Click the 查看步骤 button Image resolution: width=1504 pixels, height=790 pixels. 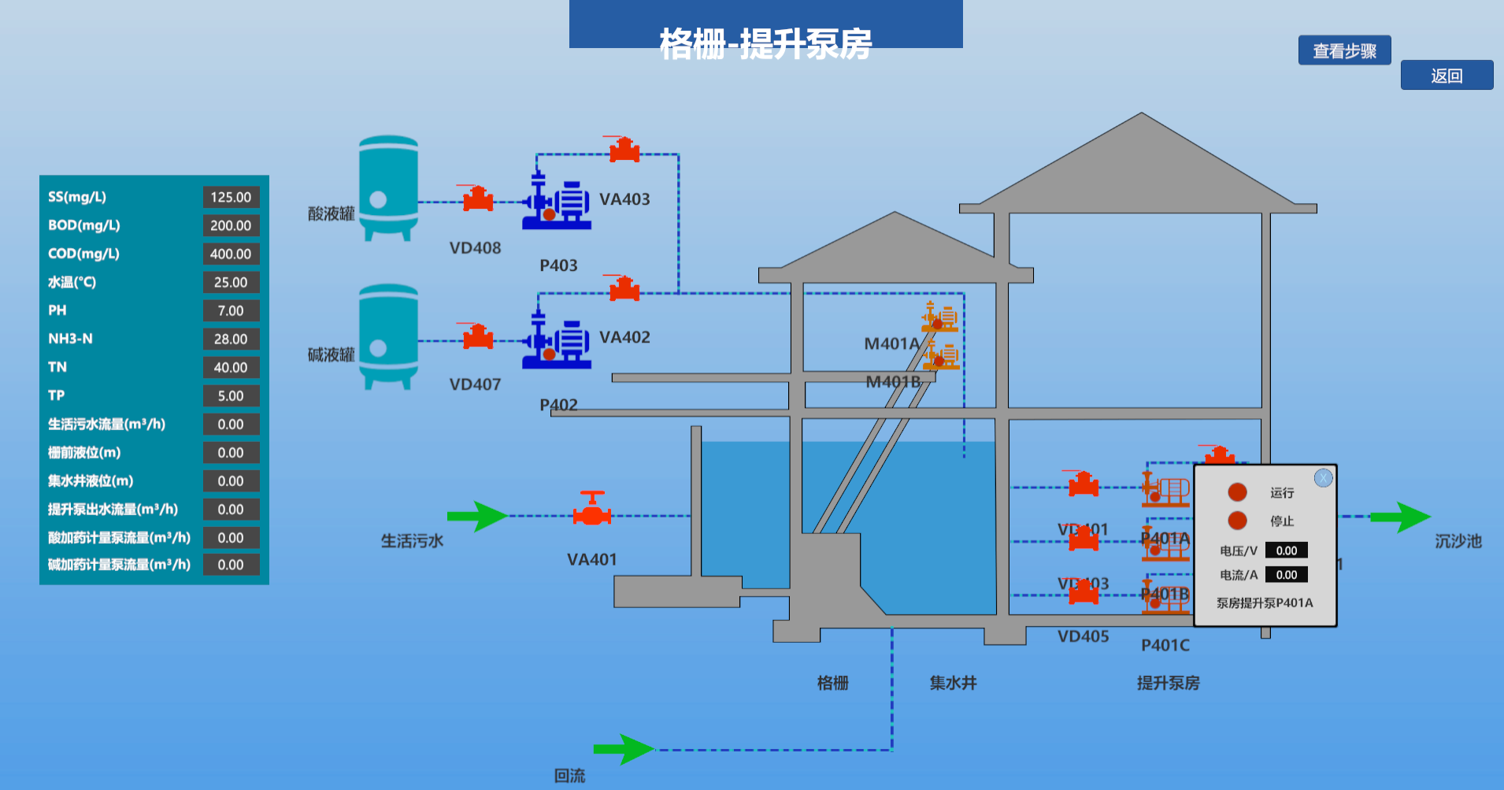pos(1344,50)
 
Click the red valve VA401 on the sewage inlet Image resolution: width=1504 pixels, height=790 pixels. pos(592,511)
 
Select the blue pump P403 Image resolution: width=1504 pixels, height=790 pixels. pos(557,204)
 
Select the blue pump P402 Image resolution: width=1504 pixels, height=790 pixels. pos(557,343)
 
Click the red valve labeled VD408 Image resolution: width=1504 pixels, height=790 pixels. pos(478,198)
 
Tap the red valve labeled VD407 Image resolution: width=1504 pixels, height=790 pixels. pos(478,337)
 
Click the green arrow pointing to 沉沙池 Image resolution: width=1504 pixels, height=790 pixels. pos(1400,517)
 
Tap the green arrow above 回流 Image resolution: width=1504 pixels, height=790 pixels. pos(623,749)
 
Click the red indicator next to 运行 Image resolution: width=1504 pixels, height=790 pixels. pos(1237,492)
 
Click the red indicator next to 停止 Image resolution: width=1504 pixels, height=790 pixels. pos(1237,521)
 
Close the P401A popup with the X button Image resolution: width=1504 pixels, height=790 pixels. pos(1323,478)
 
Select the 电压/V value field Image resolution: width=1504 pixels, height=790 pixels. pos(1286,551)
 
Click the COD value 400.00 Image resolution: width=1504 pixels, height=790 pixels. pos(231,254)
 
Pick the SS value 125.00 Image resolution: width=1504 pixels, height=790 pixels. pos(231,197)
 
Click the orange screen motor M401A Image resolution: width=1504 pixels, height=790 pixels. pos(940,317)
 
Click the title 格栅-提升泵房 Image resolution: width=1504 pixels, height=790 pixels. pos(765,43)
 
